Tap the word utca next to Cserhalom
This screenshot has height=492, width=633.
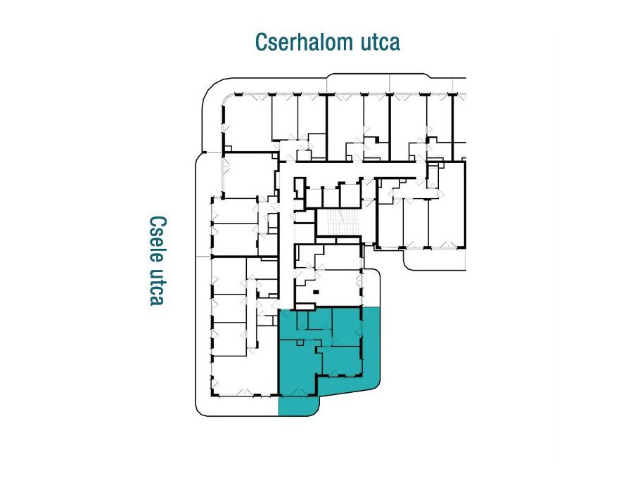tap(381, 43)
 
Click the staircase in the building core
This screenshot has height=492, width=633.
tap(338, 222)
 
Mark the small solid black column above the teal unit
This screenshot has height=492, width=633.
tap(316, 292)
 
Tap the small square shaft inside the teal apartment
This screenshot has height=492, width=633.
tap(300, 343)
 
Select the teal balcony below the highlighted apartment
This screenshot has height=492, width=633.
tap(299, 406)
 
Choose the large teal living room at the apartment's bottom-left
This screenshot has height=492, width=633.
tap(299, 369)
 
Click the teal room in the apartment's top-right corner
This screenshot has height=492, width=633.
tap(345, 326)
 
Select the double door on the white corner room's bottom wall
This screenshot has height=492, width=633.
tap(245, 391)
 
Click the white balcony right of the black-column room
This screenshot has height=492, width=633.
tap(372, 287)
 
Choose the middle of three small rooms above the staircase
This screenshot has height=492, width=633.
tap(331, 198)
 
